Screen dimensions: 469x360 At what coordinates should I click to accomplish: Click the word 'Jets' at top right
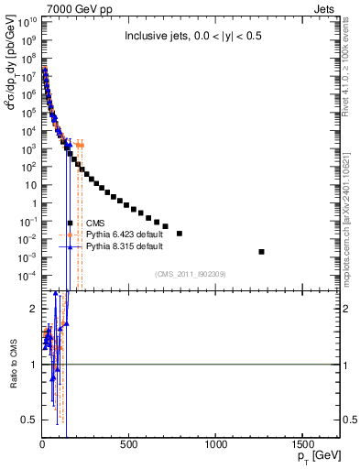pyautogui.click(x=330, y=7)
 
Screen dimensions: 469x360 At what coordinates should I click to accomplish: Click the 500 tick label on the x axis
pyautogui.click(x=129, y=443)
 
